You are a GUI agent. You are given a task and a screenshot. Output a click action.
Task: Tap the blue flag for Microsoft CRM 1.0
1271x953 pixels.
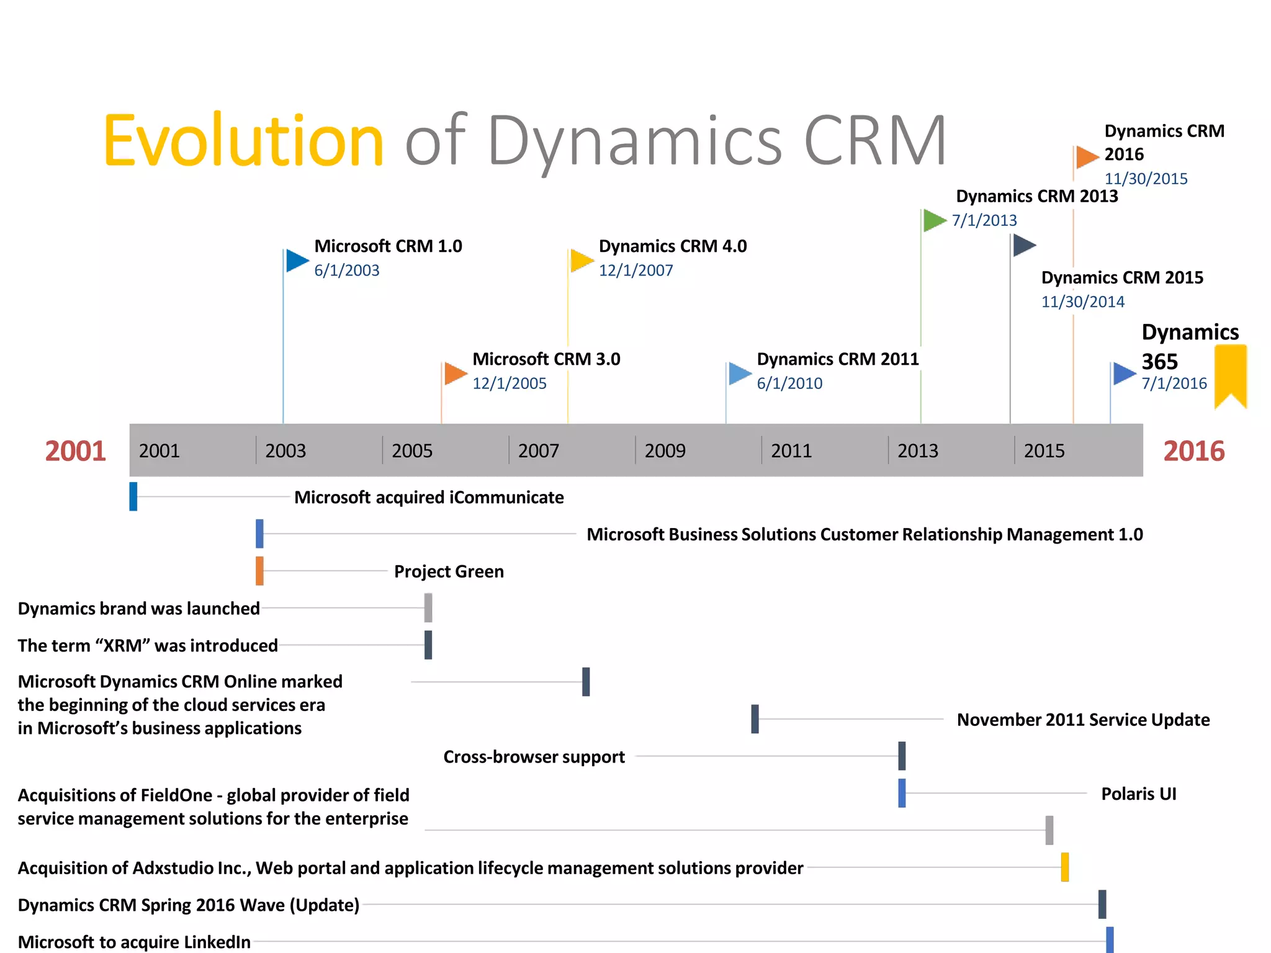pos(297,261)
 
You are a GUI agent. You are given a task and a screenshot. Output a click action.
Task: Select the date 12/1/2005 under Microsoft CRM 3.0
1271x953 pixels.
pos(509,383)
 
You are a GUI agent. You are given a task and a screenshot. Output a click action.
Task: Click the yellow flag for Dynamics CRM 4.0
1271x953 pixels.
pos(582,260)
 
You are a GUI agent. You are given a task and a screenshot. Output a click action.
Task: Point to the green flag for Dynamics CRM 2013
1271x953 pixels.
pos(933,220)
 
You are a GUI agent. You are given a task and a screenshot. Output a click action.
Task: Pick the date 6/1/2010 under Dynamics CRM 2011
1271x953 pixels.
pos(789,383)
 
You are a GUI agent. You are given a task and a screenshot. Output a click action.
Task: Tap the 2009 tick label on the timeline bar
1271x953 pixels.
pos(665,451)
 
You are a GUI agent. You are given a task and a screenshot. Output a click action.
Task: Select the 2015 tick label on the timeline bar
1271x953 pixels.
pos(1044,451)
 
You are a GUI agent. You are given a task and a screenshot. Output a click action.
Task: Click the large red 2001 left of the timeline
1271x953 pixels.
pos(76,451)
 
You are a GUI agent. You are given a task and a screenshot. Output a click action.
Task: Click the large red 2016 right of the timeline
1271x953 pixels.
pos(1193,451)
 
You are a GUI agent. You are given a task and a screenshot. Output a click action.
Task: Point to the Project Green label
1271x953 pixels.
pos(449,571)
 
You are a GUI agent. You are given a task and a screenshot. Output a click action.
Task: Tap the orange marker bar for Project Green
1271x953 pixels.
pos(259,571)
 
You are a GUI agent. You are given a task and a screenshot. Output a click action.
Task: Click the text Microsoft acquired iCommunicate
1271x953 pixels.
pos(429,498)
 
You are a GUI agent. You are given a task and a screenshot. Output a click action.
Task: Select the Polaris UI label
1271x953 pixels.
pos(1138,794)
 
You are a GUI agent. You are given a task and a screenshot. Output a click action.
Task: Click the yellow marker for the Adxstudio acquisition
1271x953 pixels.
pos(1064,867)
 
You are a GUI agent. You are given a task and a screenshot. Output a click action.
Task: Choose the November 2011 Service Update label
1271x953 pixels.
pos(1083,720)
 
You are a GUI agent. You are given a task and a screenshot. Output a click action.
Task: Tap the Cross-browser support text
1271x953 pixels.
pos(534,757)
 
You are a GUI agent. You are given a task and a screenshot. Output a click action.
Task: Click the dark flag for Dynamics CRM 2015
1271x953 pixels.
pos(1023,245)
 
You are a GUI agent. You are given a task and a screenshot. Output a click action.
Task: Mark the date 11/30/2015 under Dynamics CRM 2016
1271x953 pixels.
pos(1146,179)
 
